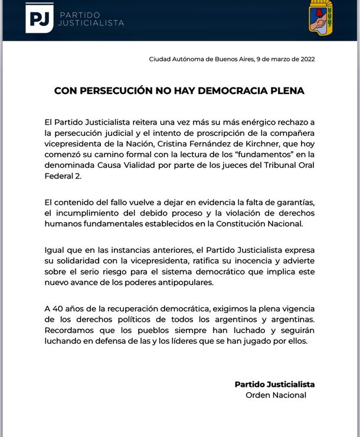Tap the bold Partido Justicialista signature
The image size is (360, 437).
pyautogui.click(x=274, y=384)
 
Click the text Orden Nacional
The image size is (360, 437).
pyautogui.click(x=276, y=395)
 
